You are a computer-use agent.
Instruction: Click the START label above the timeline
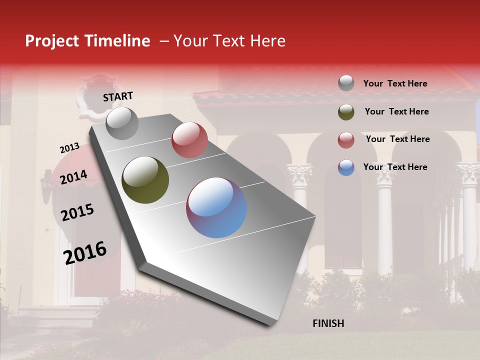pyautogui.click(x=118, y=96)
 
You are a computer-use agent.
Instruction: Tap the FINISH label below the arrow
pyautogui.click(x=328, y=323)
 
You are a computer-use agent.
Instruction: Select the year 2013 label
pyautogui.click(x=69, y=148)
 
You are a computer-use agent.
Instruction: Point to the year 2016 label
pyautogui.click(x=85, y=252)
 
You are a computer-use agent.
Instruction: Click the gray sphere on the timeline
pyautogui.click(x=122, y=123)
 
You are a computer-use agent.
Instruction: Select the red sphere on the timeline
pyautogui.click(x=189, y=140)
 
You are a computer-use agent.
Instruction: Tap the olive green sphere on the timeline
pyautogui.click(x=145, y=180)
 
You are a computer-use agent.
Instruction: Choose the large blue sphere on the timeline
pyautogui.click(x=216, y=207)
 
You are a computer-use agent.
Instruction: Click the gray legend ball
pyautogui.click(x=346, y=83)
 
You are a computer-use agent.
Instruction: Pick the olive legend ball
pyautogui.click(x=346, y=112)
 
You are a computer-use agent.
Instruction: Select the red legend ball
pyautogui.click(x=346, y=140)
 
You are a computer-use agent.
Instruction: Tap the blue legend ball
pyautogui.click(x=346, y=167)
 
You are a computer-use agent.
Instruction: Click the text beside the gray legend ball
pyautogui.click(x=395, y=83)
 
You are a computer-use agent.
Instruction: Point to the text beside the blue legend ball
pyautogui.click(x=395, y=167)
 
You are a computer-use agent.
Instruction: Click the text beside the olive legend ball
pyautogui.click(x=396, y=111)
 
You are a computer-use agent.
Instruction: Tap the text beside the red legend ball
pyautogui.click(x=397, y=139)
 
